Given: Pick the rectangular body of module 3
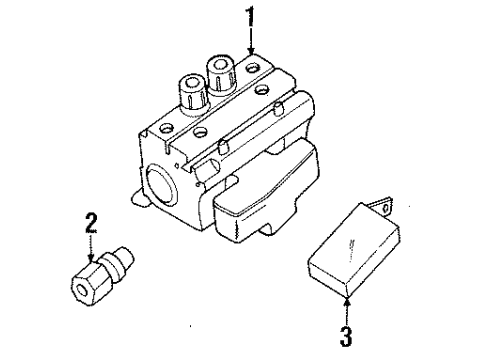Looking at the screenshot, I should tap(346, 255).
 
